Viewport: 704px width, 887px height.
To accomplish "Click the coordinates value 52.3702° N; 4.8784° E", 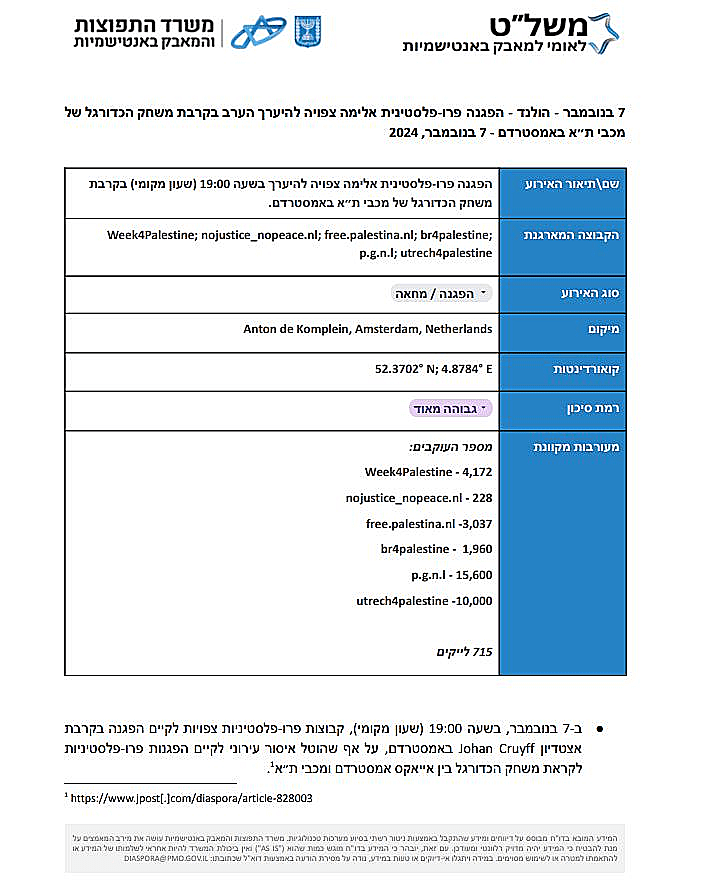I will pos(434,369).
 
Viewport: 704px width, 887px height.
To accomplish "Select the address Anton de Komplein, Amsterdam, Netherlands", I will pos(368,329).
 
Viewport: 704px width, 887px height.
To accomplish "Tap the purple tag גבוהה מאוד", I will pos(451,408).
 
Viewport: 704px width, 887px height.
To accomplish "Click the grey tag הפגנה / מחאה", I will pos(441,293).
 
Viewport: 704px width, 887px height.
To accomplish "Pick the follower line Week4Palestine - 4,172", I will pos(428,471).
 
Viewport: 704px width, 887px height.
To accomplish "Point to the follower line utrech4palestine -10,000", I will pos(424,601).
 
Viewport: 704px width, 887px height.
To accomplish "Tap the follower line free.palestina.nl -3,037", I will pos(429,523).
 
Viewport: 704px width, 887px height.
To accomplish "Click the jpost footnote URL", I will pos(191,798).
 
